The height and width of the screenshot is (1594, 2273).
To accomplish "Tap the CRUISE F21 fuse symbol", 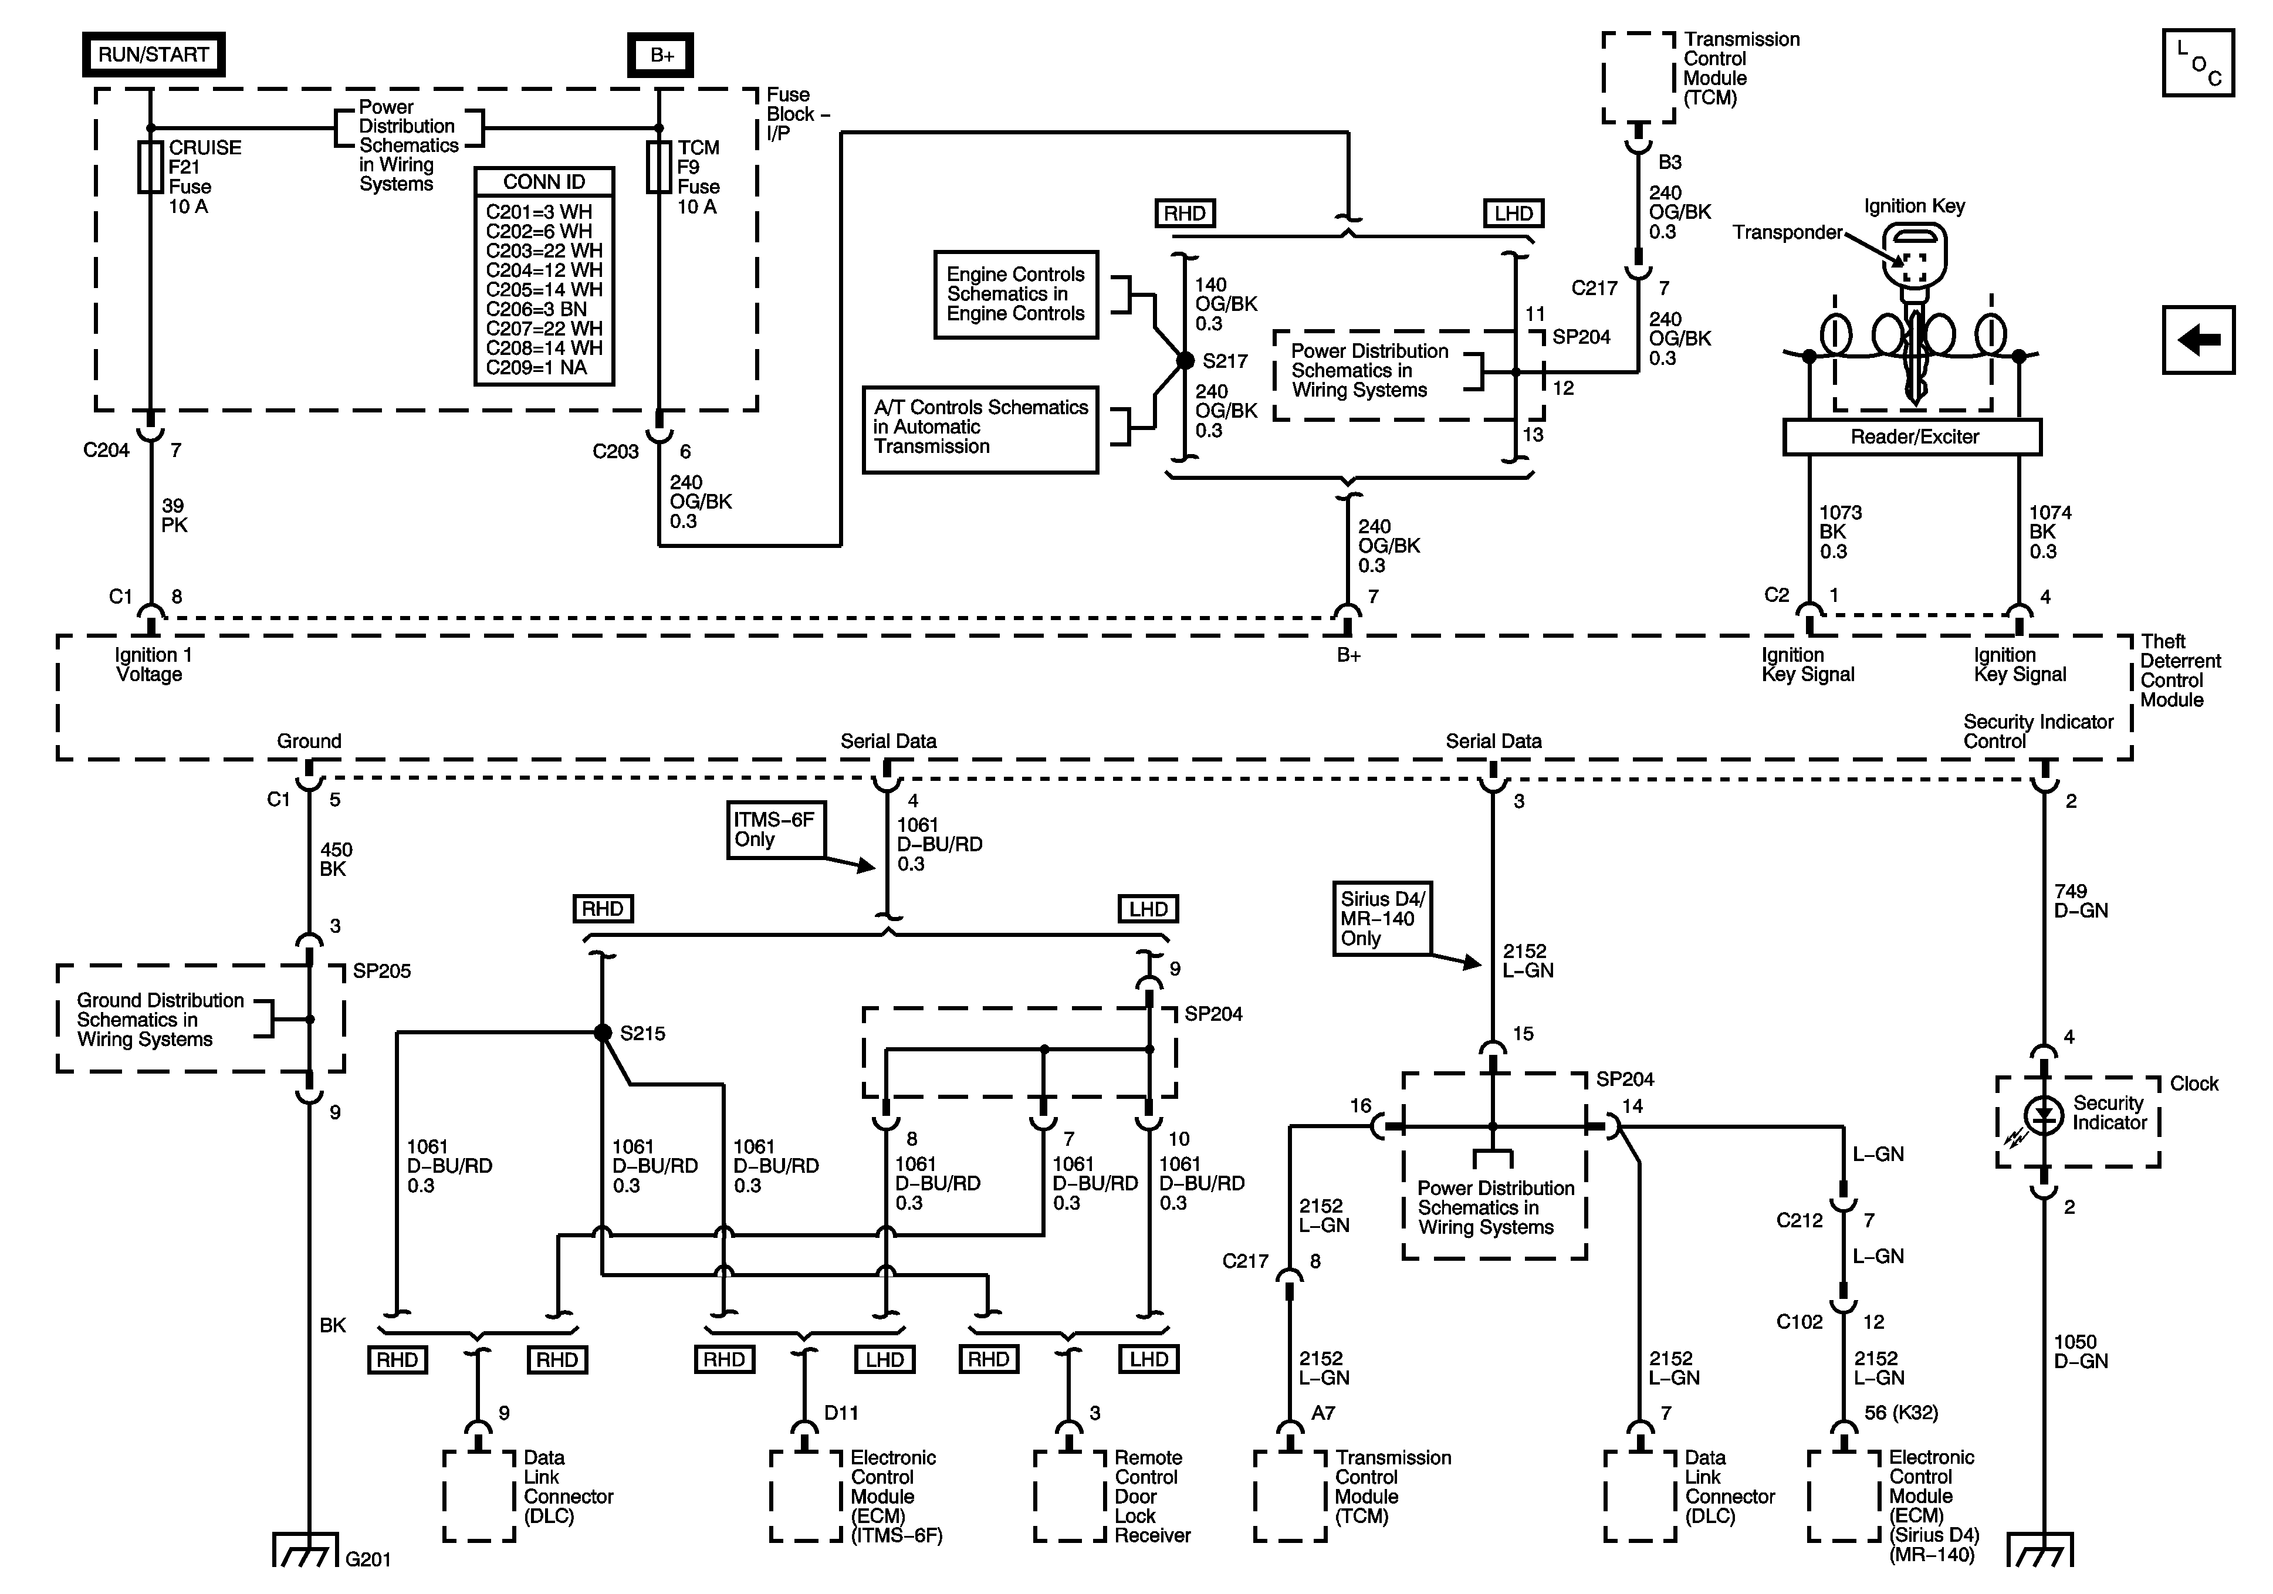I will (150, 167).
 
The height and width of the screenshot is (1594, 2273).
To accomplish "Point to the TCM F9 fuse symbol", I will (659, 167).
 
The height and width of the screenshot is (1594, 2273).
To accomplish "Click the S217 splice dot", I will (1185, 361).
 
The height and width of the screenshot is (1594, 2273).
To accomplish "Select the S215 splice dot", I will (602, 1033).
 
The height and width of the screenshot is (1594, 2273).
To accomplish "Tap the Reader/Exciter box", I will (1913, 436).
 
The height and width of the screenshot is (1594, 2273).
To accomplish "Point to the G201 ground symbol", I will (308, 1551).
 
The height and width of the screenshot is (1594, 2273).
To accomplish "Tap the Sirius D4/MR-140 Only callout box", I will (1382, 919).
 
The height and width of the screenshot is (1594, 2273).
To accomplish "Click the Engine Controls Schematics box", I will (1016, 294).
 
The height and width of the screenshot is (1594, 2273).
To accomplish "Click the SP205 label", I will (382, 972).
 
